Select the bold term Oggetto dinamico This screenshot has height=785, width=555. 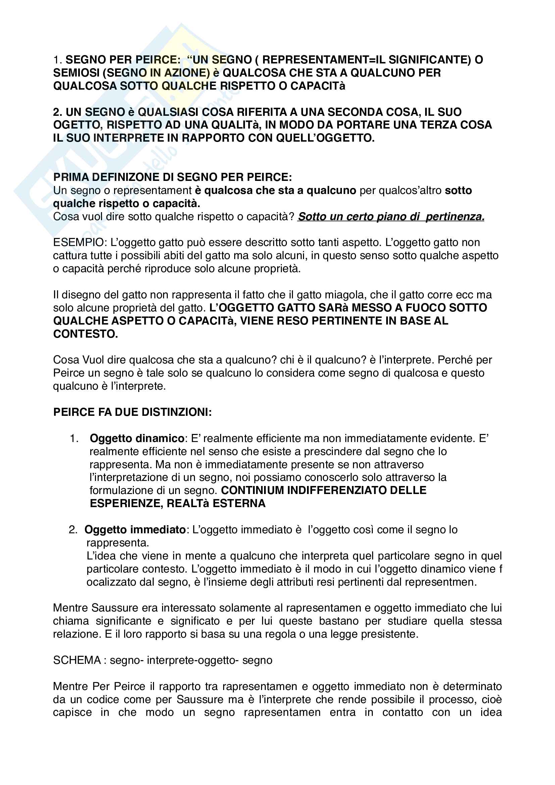pos(137,439)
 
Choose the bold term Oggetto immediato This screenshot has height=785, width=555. pos(135,530)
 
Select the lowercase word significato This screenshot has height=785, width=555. pos(195,621)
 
